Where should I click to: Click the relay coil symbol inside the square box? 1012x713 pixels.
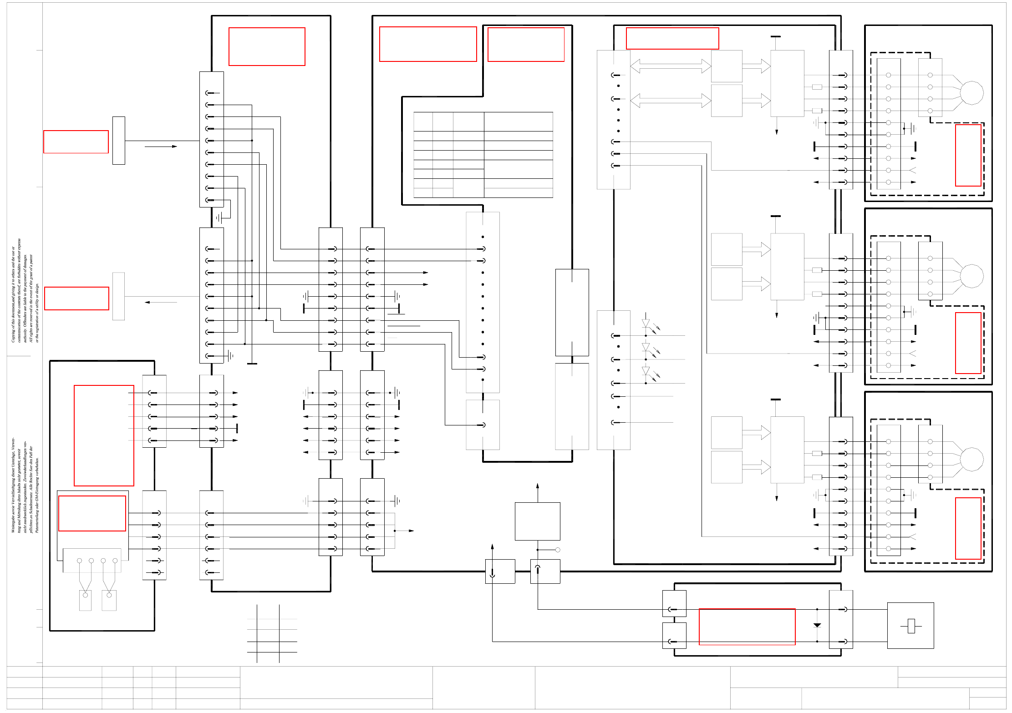tap(911, 626)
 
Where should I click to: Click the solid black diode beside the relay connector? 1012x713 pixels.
tap(817, 625)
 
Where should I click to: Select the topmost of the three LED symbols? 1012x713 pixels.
tap(646, 323)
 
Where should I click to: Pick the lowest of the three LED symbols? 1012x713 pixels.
tap(646, 371)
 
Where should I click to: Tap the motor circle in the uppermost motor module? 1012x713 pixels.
tap(971, 93)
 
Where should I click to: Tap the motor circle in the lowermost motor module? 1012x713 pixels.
tap(971, 459)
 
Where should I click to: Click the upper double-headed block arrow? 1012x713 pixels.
tap(670, 66)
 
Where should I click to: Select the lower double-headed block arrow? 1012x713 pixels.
tap(670, 101)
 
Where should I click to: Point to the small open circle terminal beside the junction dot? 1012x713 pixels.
tap(558, 550)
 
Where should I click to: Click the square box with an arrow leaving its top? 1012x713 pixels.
tap(537, 521)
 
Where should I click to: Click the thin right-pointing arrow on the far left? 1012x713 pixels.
tap(161, 147)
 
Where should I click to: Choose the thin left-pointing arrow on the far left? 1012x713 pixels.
tap(161, 302)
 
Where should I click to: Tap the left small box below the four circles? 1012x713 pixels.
tap(85, 600)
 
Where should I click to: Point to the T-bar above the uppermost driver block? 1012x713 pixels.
tap(776, 37)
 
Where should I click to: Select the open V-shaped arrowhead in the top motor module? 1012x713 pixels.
tap(912, 170)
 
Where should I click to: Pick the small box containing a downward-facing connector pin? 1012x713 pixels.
tap(500, 571)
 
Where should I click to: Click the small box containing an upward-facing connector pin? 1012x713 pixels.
tap(545, 571)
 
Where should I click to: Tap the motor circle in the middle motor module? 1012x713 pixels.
tap(971, 276)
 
